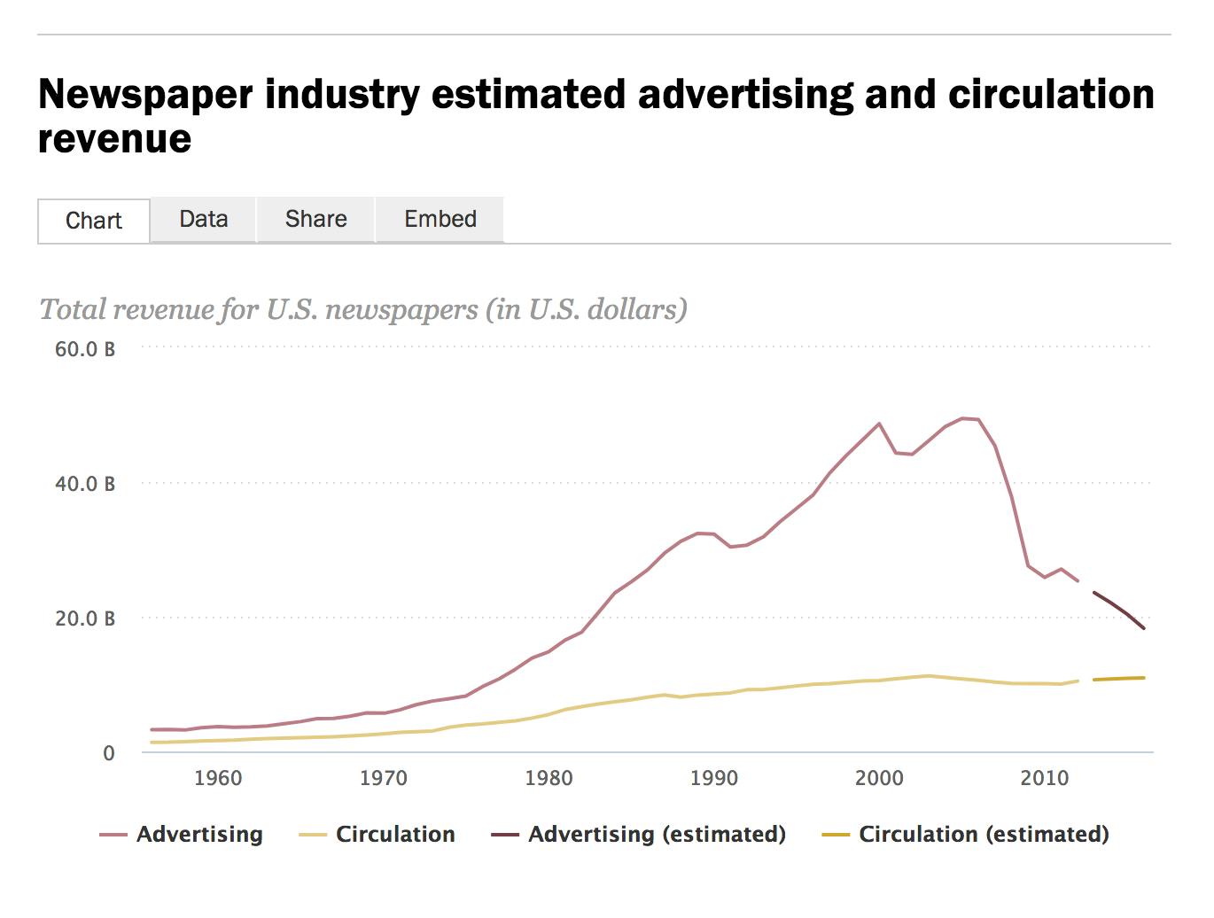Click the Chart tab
point(94,221)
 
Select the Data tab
point(203,219)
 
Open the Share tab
point(315,219)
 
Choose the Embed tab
point(440,219)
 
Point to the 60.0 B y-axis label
point(85,349)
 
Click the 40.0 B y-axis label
point(85,484)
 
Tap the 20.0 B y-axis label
point(85,618)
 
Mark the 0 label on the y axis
point(109,753)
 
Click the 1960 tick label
point(218,778)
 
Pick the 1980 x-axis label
point(549,778)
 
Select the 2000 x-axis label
point(879,778)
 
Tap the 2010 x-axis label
point(1045,778)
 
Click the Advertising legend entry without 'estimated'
point(198,834)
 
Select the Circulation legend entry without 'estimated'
point(394,834)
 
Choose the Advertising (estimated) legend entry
point(656,834)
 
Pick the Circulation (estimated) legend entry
point(983,834)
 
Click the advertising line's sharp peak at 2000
point(879,424)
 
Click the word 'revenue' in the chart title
point(115,139)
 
